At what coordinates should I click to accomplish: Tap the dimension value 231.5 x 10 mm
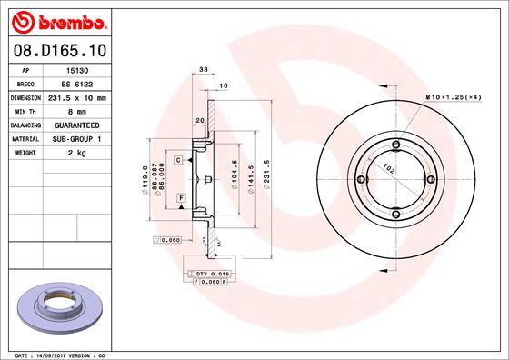76,97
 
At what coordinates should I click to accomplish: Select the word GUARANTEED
76,125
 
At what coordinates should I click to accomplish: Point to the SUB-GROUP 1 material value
76,138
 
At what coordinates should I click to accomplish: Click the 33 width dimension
204,69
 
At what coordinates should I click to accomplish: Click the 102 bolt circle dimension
389,167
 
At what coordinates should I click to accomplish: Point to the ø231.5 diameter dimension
267,176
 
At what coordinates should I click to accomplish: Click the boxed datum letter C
178,160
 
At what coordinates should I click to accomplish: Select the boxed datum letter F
181,197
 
